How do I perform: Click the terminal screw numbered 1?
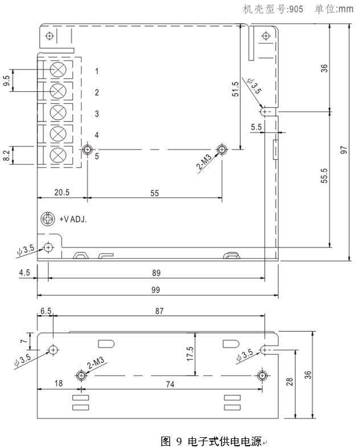[x=58, y=70]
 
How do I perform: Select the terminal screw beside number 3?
[x=58, y=112]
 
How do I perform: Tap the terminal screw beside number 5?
[x=58, y=154]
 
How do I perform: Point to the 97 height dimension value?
[x=344, y=149]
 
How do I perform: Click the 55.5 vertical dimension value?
[x=324, y=179]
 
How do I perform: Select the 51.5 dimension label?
[x=235, y=89]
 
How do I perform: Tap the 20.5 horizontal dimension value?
[x=62, y=193]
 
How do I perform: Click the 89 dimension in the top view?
[x=156, y=272]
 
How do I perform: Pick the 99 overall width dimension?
[x=156, y=290]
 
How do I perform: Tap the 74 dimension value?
[x=170, y=384]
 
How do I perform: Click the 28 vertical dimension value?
[x=290, y=382]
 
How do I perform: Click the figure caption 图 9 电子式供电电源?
[x=211, y=441]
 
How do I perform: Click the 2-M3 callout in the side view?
[x=96, y=364]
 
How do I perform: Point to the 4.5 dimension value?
[x=24, y=272]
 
